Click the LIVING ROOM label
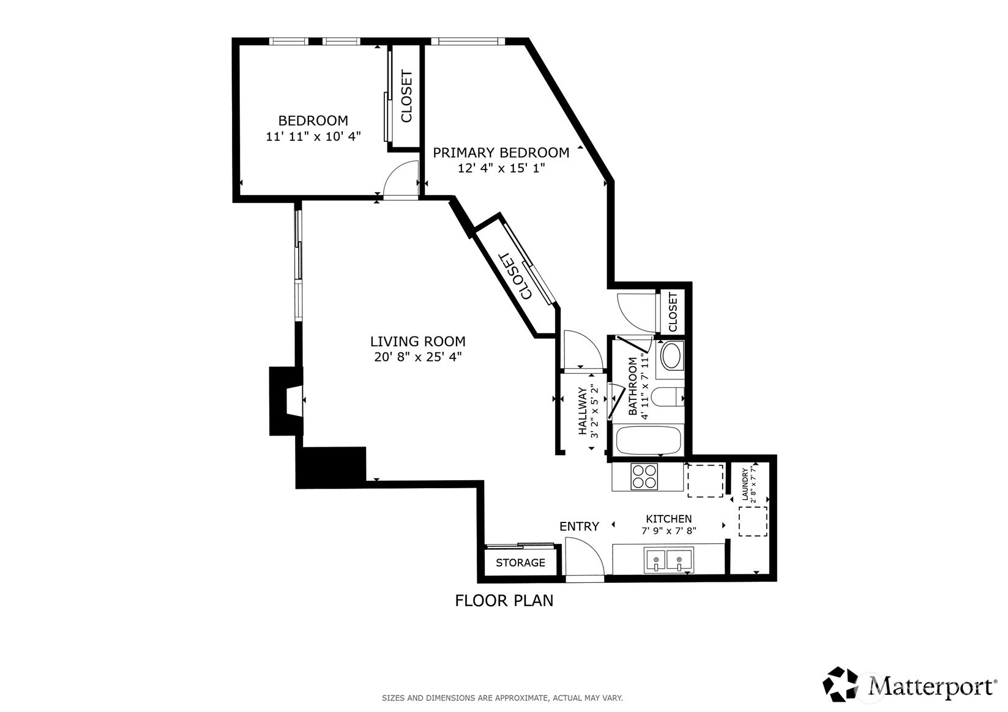417,341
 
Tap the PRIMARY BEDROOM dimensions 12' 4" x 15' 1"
501,168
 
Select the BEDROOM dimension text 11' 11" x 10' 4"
313,136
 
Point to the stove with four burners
644,477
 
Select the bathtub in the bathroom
648,440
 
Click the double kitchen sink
669,560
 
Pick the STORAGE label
520,563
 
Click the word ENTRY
579,526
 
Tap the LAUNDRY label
744,484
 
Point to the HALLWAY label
582,411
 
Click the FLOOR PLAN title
504,601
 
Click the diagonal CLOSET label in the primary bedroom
516,276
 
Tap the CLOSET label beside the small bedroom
406,96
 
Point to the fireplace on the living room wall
286,401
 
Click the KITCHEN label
669,519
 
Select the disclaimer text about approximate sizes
502,698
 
